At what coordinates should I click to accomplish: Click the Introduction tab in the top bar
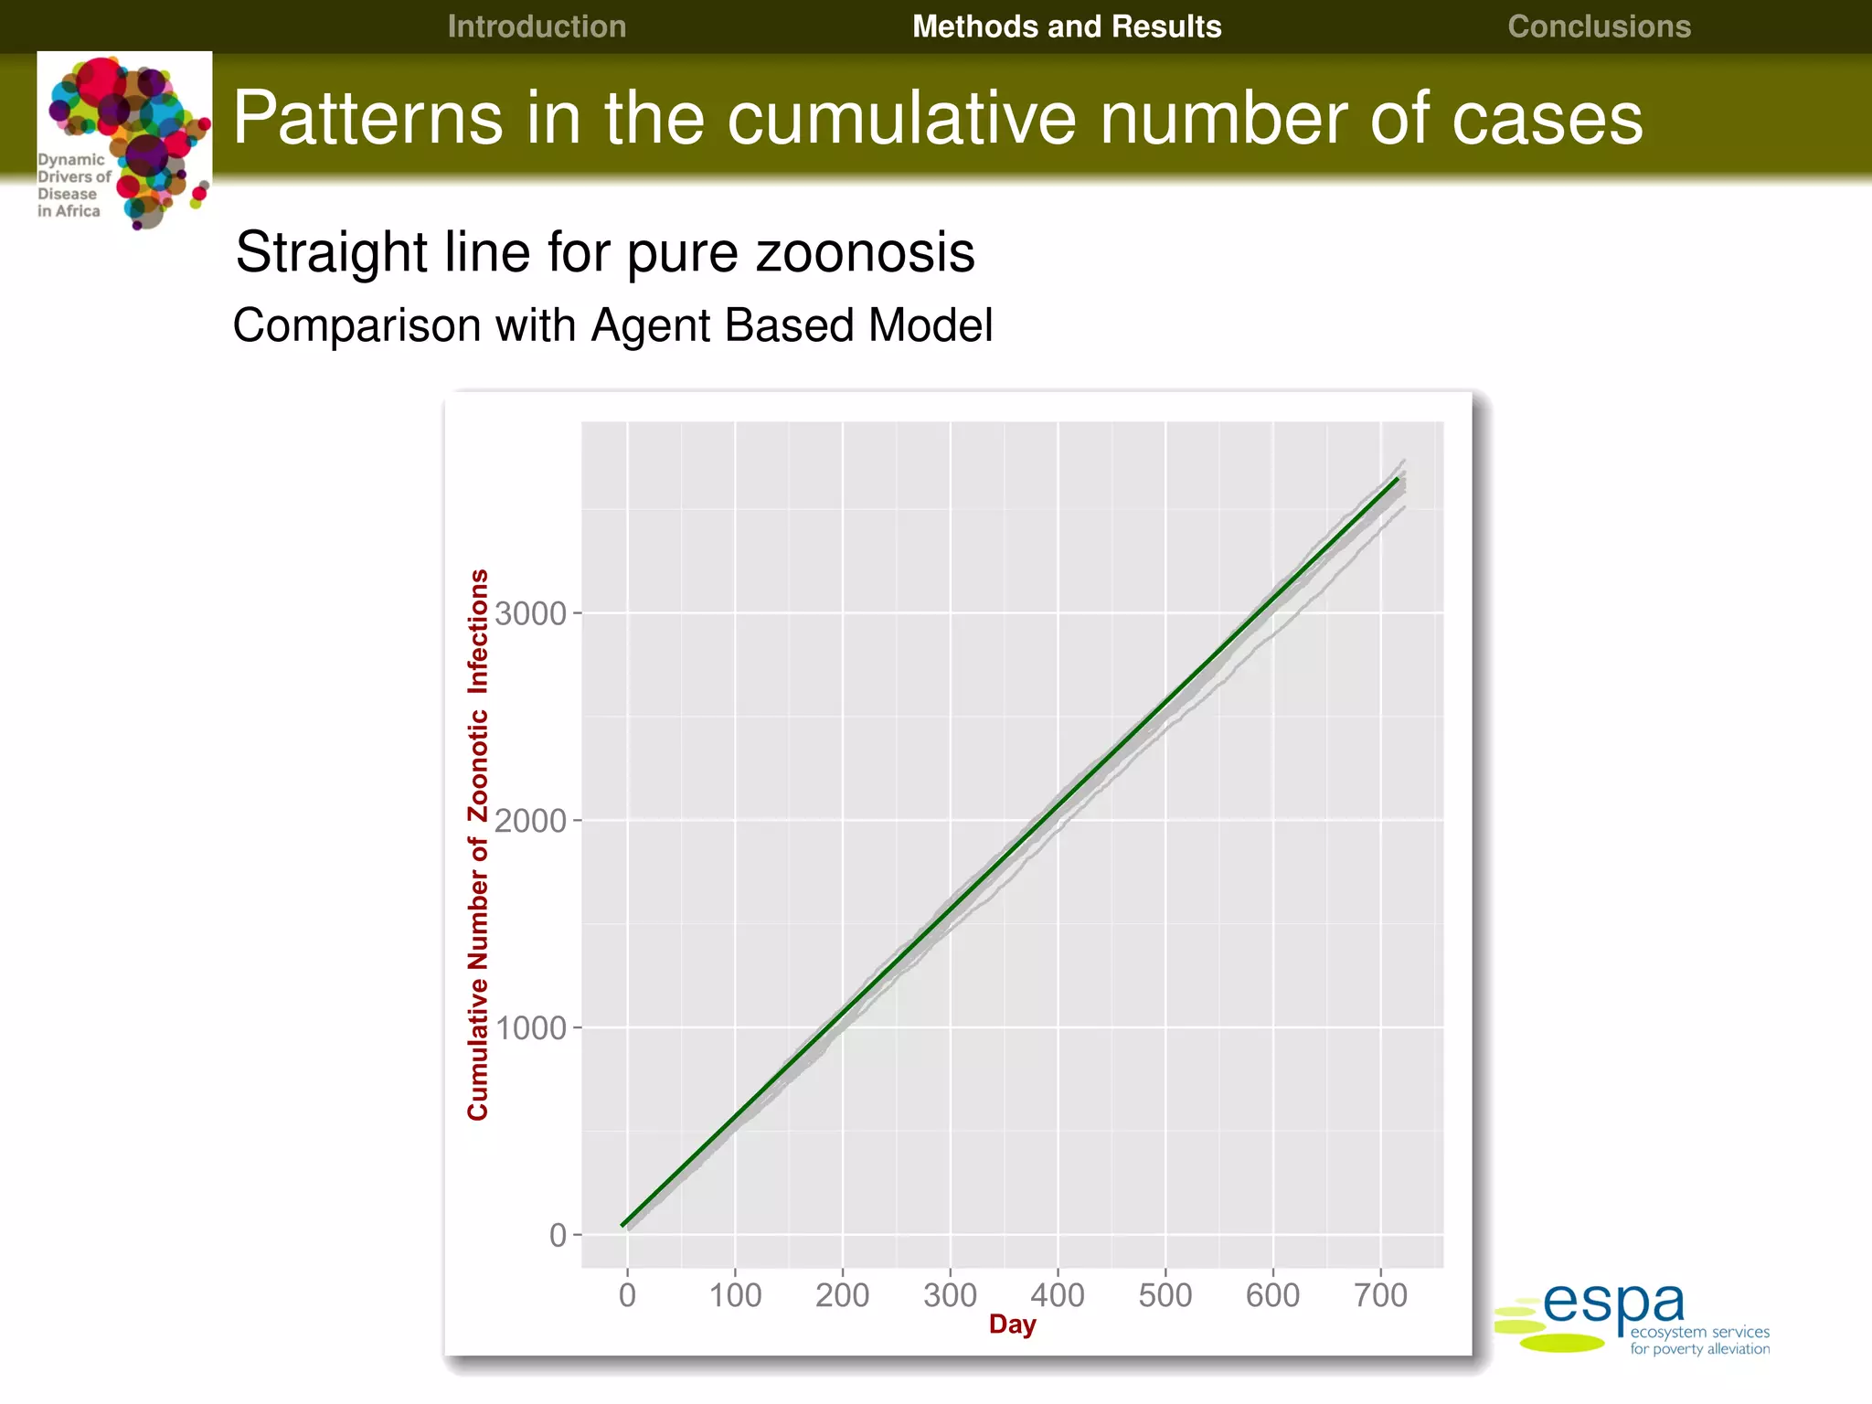coord(537,27)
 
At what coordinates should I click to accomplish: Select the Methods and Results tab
coord(1066,27)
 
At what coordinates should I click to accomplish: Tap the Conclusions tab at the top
coord(1599,27)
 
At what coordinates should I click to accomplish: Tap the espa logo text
coord(1613,1304)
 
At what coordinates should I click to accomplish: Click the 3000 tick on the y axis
coord(531,613)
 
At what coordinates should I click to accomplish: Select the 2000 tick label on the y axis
coord(531,821)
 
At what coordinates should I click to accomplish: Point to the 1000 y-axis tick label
coord(531,1028)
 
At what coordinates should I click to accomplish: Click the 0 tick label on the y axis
coord(558,1236)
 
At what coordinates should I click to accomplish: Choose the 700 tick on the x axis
coord(1380,1295)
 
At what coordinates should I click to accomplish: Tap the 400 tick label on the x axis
coord(1058,1295)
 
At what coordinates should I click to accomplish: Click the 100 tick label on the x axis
coord(735,1295)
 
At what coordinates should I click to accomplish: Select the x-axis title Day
coord(1012,1324)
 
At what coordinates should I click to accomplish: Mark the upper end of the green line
coord(1397,479)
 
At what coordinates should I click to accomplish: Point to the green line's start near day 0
coord(624,1224)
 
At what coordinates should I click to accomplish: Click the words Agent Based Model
coord(792,325)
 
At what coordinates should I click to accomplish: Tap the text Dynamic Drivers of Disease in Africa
coord(72,185)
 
